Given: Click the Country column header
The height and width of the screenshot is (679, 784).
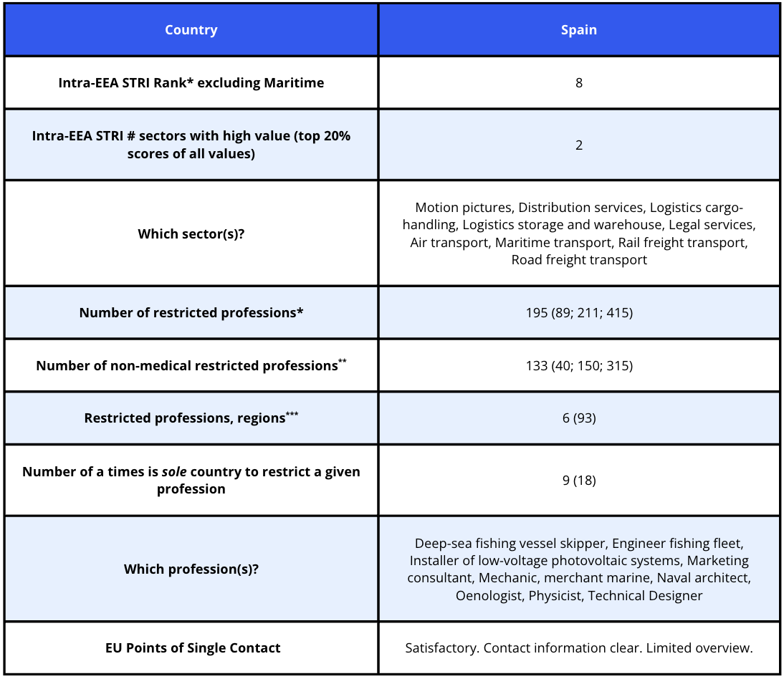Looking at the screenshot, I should [191, 30].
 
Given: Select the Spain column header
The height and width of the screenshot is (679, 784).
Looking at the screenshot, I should [578, 30].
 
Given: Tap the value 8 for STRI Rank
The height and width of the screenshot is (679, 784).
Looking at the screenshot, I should [578, 83].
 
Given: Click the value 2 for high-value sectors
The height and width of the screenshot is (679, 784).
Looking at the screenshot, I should [578, 145].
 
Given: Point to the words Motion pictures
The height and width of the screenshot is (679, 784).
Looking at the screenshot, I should [464, 208].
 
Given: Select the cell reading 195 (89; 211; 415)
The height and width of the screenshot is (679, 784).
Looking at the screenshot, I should [578, 313].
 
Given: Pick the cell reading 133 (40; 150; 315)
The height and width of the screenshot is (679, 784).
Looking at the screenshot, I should [578, 365].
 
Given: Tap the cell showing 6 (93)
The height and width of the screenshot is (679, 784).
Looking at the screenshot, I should [578, 418].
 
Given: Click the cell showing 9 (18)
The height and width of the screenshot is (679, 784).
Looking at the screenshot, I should [578, 480].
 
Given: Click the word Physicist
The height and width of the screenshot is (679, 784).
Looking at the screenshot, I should [555, 595].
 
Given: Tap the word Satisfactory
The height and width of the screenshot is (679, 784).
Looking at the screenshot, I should [441, 648].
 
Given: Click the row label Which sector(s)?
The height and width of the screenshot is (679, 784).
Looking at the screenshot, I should [191, 233].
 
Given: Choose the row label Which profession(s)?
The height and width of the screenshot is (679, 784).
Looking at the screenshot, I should [191, 569].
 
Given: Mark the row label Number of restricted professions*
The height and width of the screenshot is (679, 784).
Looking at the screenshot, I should [191, 313].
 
